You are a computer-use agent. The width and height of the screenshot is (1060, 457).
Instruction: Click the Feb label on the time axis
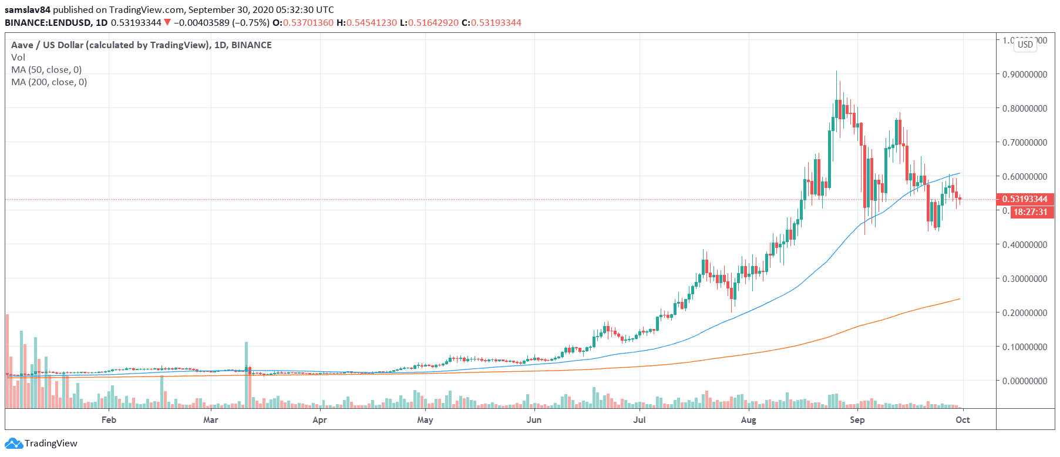(109, 420)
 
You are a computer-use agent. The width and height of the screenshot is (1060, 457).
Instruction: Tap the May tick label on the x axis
(425, 420)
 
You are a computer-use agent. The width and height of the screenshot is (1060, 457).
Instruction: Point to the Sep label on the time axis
(857, 420)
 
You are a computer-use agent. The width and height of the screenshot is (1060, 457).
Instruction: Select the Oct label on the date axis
(963, 420)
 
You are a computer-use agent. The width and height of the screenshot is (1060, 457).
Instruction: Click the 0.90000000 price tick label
(1024, 75)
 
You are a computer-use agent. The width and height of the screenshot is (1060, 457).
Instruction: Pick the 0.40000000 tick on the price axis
(1024, 245)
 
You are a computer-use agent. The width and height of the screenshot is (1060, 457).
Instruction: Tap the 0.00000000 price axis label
(1024, 381)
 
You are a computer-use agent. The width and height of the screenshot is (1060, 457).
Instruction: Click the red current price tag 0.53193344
(1025, 199)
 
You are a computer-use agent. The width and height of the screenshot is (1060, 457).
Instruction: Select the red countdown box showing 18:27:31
(1031, 212)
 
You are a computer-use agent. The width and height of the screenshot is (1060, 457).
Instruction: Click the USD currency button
(1025, 45)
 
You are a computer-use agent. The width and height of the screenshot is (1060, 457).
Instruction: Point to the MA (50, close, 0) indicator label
(46, 70)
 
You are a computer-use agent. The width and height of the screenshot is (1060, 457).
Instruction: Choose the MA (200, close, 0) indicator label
(49, 82)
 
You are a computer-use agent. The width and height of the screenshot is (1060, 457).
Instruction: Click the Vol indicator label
(18, 58)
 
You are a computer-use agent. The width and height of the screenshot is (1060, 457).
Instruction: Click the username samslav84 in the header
(28, 10)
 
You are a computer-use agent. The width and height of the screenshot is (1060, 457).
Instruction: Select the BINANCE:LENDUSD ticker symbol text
(48, 23)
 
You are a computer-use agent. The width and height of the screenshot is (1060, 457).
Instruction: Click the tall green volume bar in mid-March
(246, 375)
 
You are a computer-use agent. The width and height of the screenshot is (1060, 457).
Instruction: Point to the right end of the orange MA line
(960, 299)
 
